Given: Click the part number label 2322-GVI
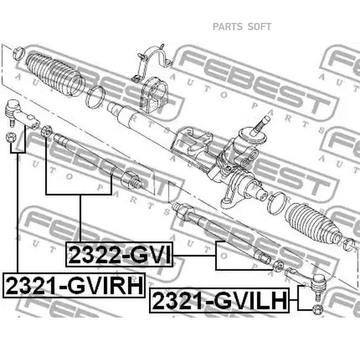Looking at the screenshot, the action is click(x=119, y=254).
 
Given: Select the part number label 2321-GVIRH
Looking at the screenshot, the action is click(x=74, y=285).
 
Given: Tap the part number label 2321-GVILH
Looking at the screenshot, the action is click(x=219, y=300).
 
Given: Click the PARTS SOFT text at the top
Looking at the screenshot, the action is click(x=242, y=27).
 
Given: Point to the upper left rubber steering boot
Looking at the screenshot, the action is click(x=55, y=74).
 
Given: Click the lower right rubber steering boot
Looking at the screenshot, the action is click(x=313, y=224).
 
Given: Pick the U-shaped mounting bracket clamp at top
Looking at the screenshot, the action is click(x=151, y=62).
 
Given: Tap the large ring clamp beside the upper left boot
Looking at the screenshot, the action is click(x=96, y=97).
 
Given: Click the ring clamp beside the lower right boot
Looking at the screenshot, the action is click(x=277, y=203).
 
